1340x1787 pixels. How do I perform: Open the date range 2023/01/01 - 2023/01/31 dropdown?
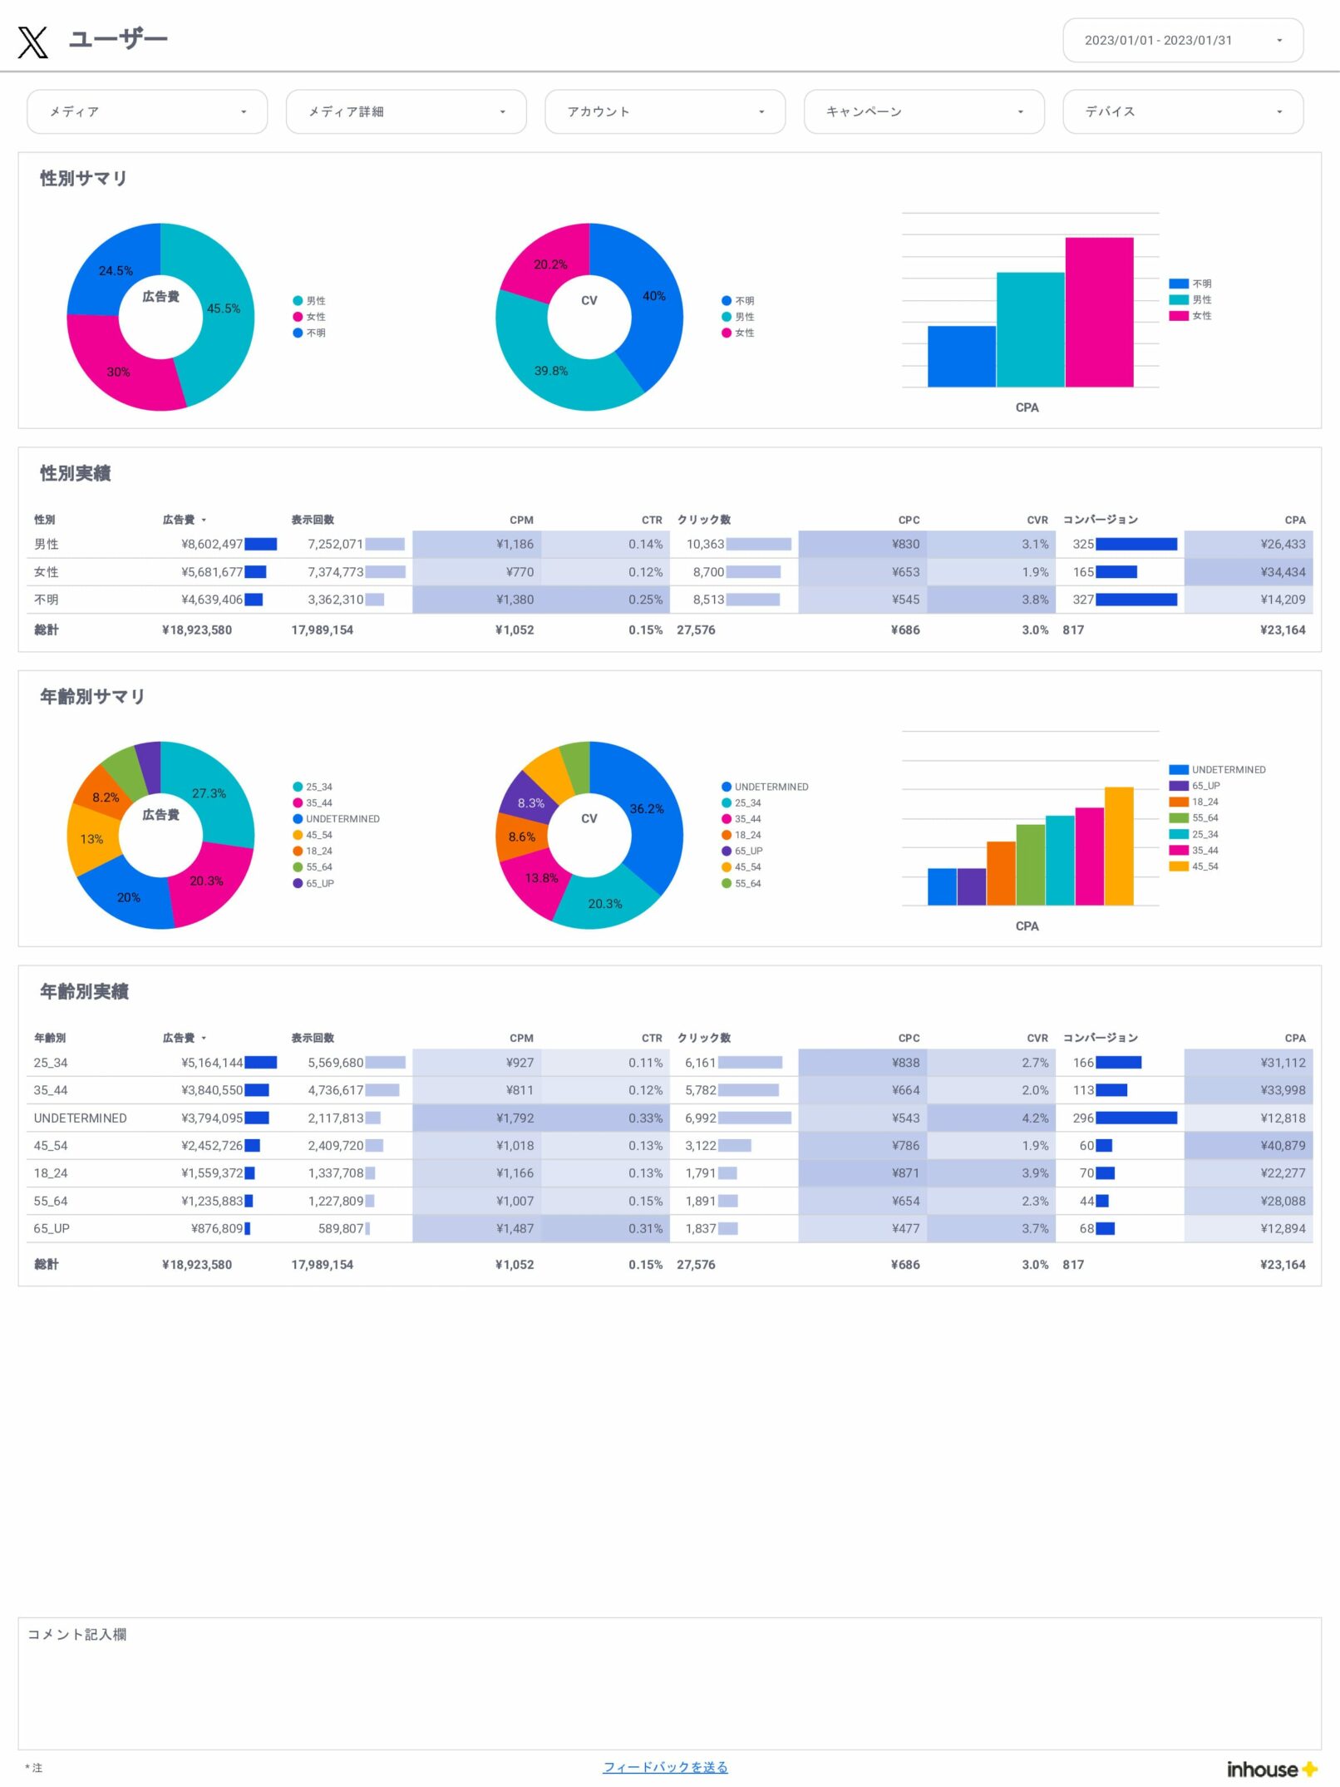click(1182, 40)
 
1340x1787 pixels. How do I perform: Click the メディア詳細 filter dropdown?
click(406, 111)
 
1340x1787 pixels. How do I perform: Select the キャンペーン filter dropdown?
click(924, 111)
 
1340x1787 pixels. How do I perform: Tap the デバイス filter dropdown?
click(1182, 111)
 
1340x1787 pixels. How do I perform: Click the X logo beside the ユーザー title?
click(33, 42)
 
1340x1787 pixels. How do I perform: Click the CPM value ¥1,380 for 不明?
click(515, 600)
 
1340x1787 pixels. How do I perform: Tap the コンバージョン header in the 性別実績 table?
click(1100, 520)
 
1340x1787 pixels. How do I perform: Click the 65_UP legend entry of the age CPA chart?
click(1205, 786)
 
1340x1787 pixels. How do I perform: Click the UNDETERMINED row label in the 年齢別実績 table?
click(81, 1118)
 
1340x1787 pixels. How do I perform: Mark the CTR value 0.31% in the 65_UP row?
click(645, 1228)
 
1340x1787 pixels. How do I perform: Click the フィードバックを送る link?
click(665, 1767)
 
